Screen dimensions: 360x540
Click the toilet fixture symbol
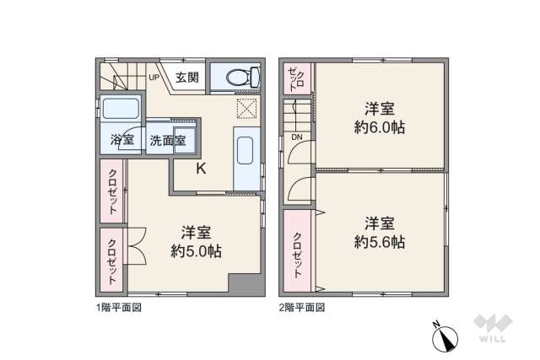point(236,77)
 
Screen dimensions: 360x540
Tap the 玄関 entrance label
point(187,78)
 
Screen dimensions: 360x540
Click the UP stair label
point(154,78)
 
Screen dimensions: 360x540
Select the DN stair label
point(297,137)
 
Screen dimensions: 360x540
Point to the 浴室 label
point(123,141)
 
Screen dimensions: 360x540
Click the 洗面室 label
point(168,141)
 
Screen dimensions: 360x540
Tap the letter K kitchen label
point(202,168)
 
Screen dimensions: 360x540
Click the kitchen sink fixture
point(246,153)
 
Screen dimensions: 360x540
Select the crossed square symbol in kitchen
point(246,108)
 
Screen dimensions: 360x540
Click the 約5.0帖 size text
point(196,250)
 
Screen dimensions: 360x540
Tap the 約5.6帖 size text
point(379,242)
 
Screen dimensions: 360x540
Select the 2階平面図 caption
point(301,308)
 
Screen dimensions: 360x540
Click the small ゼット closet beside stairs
point(295,79)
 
